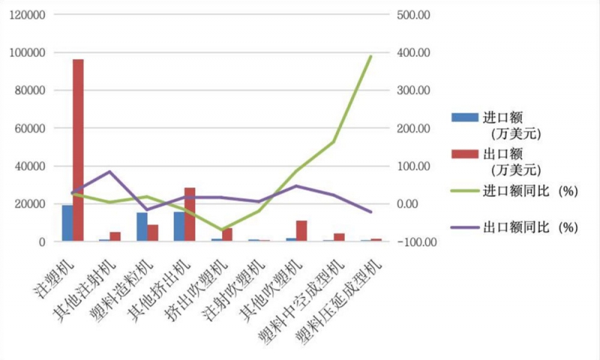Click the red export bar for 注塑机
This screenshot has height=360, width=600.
click(78, 150)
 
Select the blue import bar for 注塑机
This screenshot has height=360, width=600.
click(67, 223)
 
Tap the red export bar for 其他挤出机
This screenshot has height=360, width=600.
click(190, 214)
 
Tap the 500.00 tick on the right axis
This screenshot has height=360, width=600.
click(412, 15)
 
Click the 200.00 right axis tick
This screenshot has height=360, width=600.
click(412, 128)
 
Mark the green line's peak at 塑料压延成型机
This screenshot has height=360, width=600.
click(370, 56)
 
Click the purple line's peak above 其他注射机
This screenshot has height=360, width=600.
click(109, 172)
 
